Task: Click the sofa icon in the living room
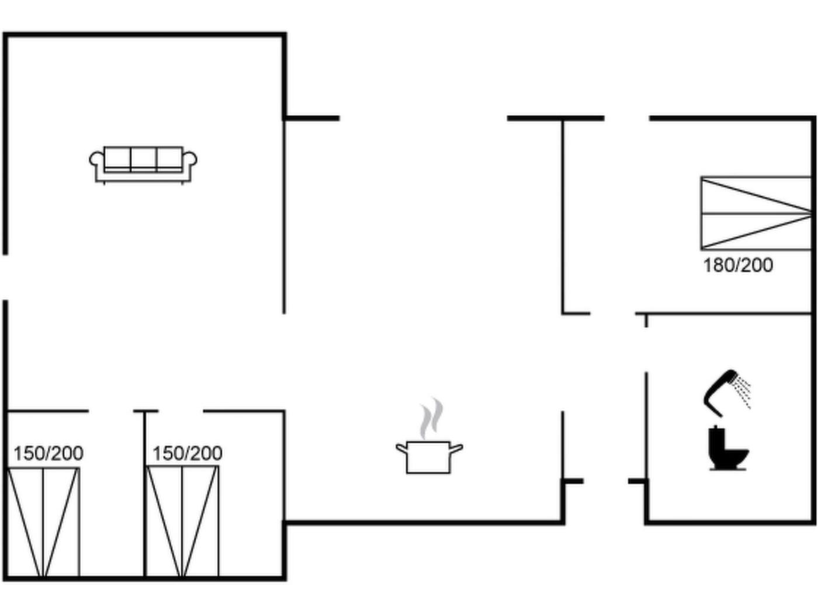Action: click(x=143, y=165)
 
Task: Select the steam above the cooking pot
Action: click(x=432, y=418)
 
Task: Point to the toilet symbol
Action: click(x=728, y=448)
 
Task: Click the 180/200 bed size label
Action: click(x=738, y=265)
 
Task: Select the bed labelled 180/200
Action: click(x=756, y=213)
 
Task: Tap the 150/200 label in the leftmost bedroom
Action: click(x=48, y=453)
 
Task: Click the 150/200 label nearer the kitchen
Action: click(x=188, y=453)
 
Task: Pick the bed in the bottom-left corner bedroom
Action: click(x=43, y=522)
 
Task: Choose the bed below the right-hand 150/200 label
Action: click(x=183, y=522)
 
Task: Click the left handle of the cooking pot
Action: click(x=401, y=447)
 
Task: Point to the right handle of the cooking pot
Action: click(x=456, y=448)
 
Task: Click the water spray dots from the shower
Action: click(x=741, y=393)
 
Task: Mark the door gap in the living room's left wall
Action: click(x=5, y=277)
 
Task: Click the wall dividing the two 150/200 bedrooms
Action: click(x=145, y=494)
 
